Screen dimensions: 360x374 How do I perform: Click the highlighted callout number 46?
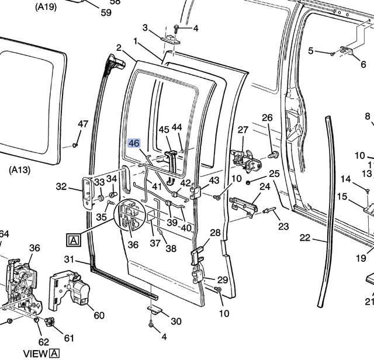tap(134, 143)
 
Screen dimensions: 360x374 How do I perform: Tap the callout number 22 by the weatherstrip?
tap(305, 238)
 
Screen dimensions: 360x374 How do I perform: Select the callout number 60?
tap(99, 316)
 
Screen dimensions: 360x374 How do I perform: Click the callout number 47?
tap(83, 124)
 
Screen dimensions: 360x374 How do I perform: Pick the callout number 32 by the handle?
tap(61, 186)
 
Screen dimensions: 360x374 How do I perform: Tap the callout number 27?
tap(243, 130)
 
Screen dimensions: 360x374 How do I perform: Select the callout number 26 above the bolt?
tap(267, 118)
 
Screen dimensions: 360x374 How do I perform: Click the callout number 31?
tap(69, 259)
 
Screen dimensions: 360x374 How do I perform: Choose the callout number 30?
tap(176, 321)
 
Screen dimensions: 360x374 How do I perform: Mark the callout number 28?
tap(215, 233)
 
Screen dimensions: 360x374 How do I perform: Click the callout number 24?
tap(265, 186)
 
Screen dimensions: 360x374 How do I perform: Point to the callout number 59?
tap(106, 12)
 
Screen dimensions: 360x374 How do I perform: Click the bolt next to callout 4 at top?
tap(175, 28)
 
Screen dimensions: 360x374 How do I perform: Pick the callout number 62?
tap(43, 342)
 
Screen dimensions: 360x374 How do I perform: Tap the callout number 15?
tap(342, 197)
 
